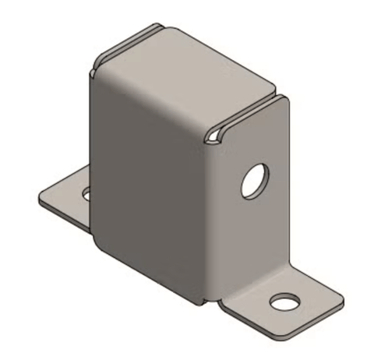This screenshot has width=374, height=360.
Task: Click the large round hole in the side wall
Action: coord(253,182)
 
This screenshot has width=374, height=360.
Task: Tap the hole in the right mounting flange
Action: coord(284,301)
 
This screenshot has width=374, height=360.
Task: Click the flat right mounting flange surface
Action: coord(312,299)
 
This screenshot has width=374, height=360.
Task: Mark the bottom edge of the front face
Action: coord(148,277)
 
